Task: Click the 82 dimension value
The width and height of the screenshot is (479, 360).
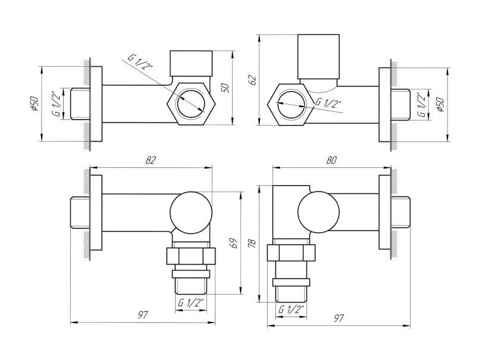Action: tap(151, 160)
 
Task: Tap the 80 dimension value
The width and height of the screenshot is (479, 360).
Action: tap(331, 160)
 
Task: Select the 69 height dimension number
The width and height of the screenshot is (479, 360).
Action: tap(234, 243)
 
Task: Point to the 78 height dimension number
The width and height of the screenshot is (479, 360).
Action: tap(252, 243)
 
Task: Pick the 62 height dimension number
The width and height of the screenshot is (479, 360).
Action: tap(253, 80)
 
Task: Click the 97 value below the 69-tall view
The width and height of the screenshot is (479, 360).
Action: tap(143, 315)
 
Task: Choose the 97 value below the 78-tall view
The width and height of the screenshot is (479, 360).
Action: tap(339, 318)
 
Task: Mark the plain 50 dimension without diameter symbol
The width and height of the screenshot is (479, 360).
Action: tap(225, 87)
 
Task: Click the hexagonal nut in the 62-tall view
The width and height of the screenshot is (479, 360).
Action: tap(290, 105)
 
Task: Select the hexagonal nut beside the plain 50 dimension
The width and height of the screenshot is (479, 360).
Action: tap(191, 104)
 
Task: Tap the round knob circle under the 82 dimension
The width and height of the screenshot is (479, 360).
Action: tap(191, 212)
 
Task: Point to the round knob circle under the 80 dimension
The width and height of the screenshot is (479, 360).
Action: tap(318, 212)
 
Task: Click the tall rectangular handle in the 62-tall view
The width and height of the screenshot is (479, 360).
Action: tap(318, 57)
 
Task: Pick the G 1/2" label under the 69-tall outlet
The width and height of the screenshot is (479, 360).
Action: tap(190, 303)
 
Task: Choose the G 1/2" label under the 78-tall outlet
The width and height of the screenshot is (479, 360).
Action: tap(291, 309)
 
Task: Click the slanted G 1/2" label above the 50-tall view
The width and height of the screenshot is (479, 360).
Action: tap(140, 62)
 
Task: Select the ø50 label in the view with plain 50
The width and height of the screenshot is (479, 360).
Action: tap(35, 104)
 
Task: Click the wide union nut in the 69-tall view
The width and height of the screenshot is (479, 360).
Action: tap(191, 256)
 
